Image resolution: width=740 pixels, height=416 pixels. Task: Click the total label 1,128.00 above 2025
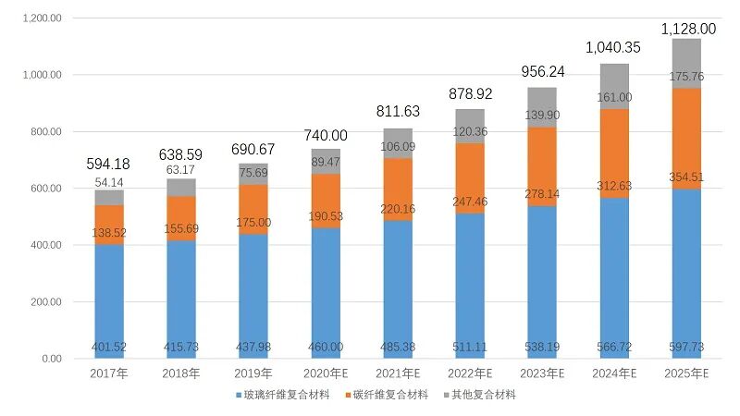(x=687, y=29)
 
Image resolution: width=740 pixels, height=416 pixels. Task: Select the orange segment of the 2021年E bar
(x=398, y=190)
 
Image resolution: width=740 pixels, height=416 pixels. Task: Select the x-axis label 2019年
(x=253, y=373)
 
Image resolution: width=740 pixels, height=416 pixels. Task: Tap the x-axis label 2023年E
(x=542, y=373)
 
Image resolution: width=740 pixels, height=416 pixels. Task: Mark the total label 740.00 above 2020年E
(x=326, y=135)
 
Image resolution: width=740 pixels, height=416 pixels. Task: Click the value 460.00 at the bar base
(x=326, y=347)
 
